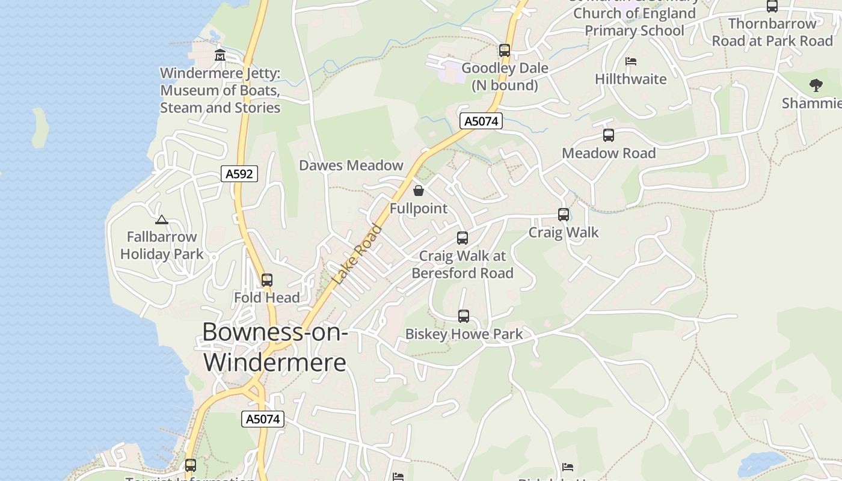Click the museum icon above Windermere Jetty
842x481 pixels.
pos(220,55)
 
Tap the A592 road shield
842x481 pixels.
pos(239,174)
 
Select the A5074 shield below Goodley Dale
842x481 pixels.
pos(481,121)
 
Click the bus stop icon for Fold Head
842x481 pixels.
pos(266,280)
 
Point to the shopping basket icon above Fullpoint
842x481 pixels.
pos(419,191)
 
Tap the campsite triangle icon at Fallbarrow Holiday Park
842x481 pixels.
pos(161,220)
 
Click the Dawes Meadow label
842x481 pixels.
pos(351,165)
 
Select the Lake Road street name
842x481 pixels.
pos(357,254)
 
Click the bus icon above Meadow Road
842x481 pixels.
pos(609,135)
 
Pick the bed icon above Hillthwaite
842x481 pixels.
pos(631,61)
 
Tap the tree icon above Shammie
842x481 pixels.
pos(816,85)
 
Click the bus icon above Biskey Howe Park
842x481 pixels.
pos(463,316)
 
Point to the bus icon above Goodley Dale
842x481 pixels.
pos(504,51)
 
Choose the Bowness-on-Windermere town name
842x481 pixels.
pos(275,347)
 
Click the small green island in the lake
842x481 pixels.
pos(40,127)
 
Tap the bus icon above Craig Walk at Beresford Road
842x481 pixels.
pos(462,238)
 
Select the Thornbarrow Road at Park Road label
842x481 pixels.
pos(772,32)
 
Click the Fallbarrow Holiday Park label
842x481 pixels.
pos(161,245)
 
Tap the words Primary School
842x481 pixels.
pos(635,31)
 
